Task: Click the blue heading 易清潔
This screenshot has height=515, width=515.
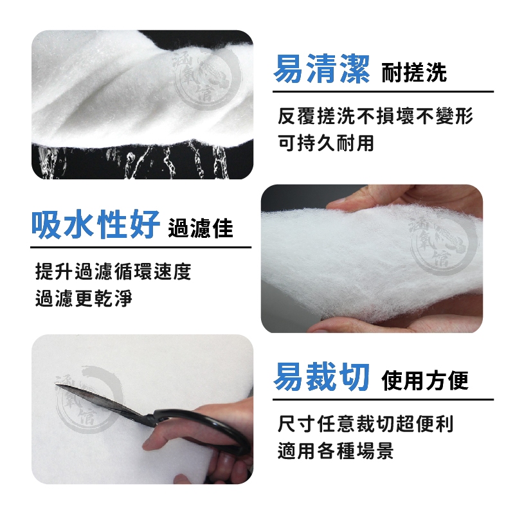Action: (x=321, y=69)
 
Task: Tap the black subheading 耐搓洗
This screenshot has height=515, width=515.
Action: (x=414, y=73)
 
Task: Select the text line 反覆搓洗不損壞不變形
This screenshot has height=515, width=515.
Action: (x=375, y=116)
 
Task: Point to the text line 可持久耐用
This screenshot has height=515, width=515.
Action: (x=325, y=143)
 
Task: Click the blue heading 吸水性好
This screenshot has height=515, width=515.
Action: (x=95, y=224)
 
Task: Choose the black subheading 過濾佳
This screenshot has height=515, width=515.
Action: (x=201, y=228)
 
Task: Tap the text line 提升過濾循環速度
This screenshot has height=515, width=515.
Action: (x=113, y=271)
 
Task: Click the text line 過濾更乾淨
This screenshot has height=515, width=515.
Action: (x=84, y=298)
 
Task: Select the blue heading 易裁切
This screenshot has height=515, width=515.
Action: (x=321, y=377)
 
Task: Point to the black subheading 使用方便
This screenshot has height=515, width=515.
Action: (x=425, y=381)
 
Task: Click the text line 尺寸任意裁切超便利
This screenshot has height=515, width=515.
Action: (x=365, y=424)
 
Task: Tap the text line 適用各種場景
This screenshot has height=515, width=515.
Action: (x=336, y=450)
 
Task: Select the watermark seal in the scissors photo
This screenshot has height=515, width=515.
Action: (x=89, y=399)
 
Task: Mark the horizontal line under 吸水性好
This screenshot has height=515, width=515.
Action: (x=141, y=248)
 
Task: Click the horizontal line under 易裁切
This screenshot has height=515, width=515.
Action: (x=383, y=400)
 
